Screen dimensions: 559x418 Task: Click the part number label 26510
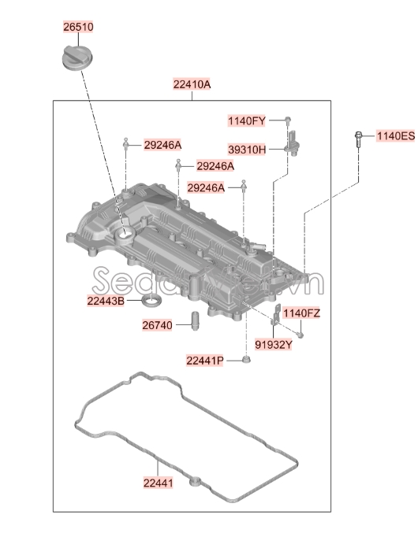(78, 27)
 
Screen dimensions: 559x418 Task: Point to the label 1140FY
(247, 120)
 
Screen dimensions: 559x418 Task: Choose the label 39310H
(247, 149)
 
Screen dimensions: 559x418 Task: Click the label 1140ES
(394, 136)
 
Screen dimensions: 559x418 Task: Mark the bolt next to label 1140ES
(359, 141)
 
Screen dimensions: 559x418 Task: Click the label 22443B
(106, 300)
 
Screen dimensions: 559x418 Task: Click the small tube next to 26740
(190, 323)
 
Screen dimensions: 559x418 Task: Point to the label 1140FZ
(301, 313)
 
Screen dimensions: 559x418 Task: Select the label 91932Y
(274, 344)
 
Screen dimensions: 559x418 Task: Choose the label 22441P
(205, 360)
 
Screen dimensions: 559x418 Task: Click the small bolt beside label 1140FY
(288, 120)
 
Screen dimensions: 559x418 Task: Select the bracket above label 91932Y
(276, 316)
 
